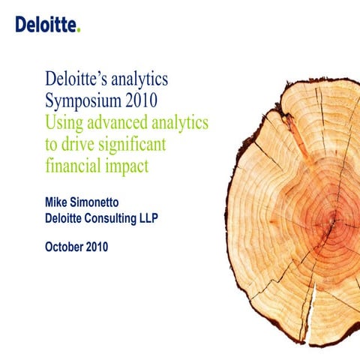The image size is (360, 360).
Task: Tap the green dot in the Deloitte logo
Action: coord(77,30)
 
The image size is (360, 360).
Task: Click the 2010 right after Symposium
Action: coord(157,100)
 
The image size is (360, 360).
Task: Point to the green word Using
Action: coord(64,121)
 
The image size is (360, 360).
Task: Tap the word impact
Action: coord(127,166)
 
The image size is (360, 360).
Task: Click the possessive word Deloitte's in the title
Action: coord(82,79)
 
